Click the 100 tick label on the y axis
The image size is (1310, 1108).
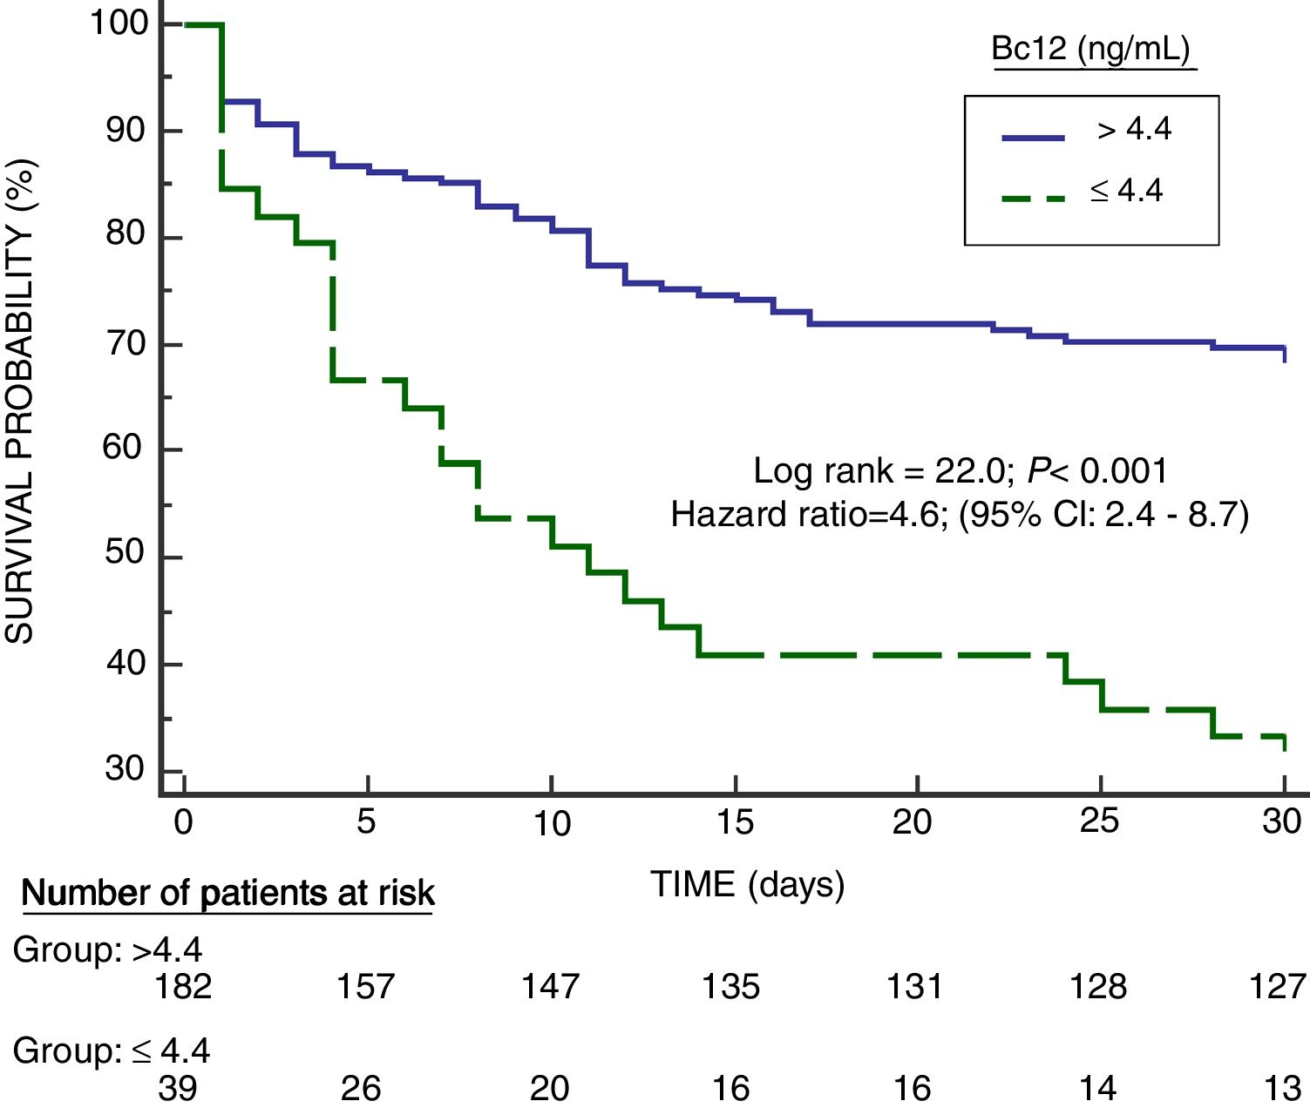pyautogui.click(x=120, y=22)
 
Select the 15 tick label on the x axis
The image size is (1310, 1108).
pyautogui.click(x=734, y=821)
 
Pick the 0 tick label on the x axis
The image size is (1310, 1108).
pyautogui.click(x=183, y=821)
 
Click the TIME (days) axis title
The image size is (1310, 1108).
pyautogui.click(x=747, y=884)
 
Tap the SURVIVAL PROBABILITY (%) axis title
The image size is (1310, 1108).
pyautogui.click(x=20, y=402)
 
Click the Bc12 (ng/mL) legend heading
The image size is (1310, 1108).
pyautogui.click(x=1091, y=49)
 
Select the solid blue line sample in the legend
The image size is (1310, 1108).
pyautogui.click(x=1033, y=138)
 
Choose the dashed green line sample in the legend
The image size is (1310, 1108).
pyautogui.click(x=1033, y=199)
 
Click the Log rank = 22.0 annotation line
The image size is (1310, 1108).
pyautogui.click(x=960, y=470)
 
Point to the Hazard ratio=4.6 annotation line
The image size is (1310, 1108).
pyautogui.click(x=960, y=514)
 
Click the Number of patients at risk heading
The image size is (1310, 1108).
pyautogui.click(x=227, y=893)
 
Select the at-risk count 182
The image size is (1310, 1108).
pyautogui.click(x=183, y=986)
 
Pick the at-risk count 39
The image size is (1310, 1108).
pyautogui.click(x=178, y=1088)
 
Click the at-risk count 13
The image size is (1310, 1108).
pyautogui.click(x=1282, y=1088)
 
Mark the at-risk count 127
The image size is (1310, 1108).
pyautogui.click(x=1278, y=986)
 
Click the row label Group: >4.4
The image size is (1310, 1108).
pyautogui.click(x=107, y=949)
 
